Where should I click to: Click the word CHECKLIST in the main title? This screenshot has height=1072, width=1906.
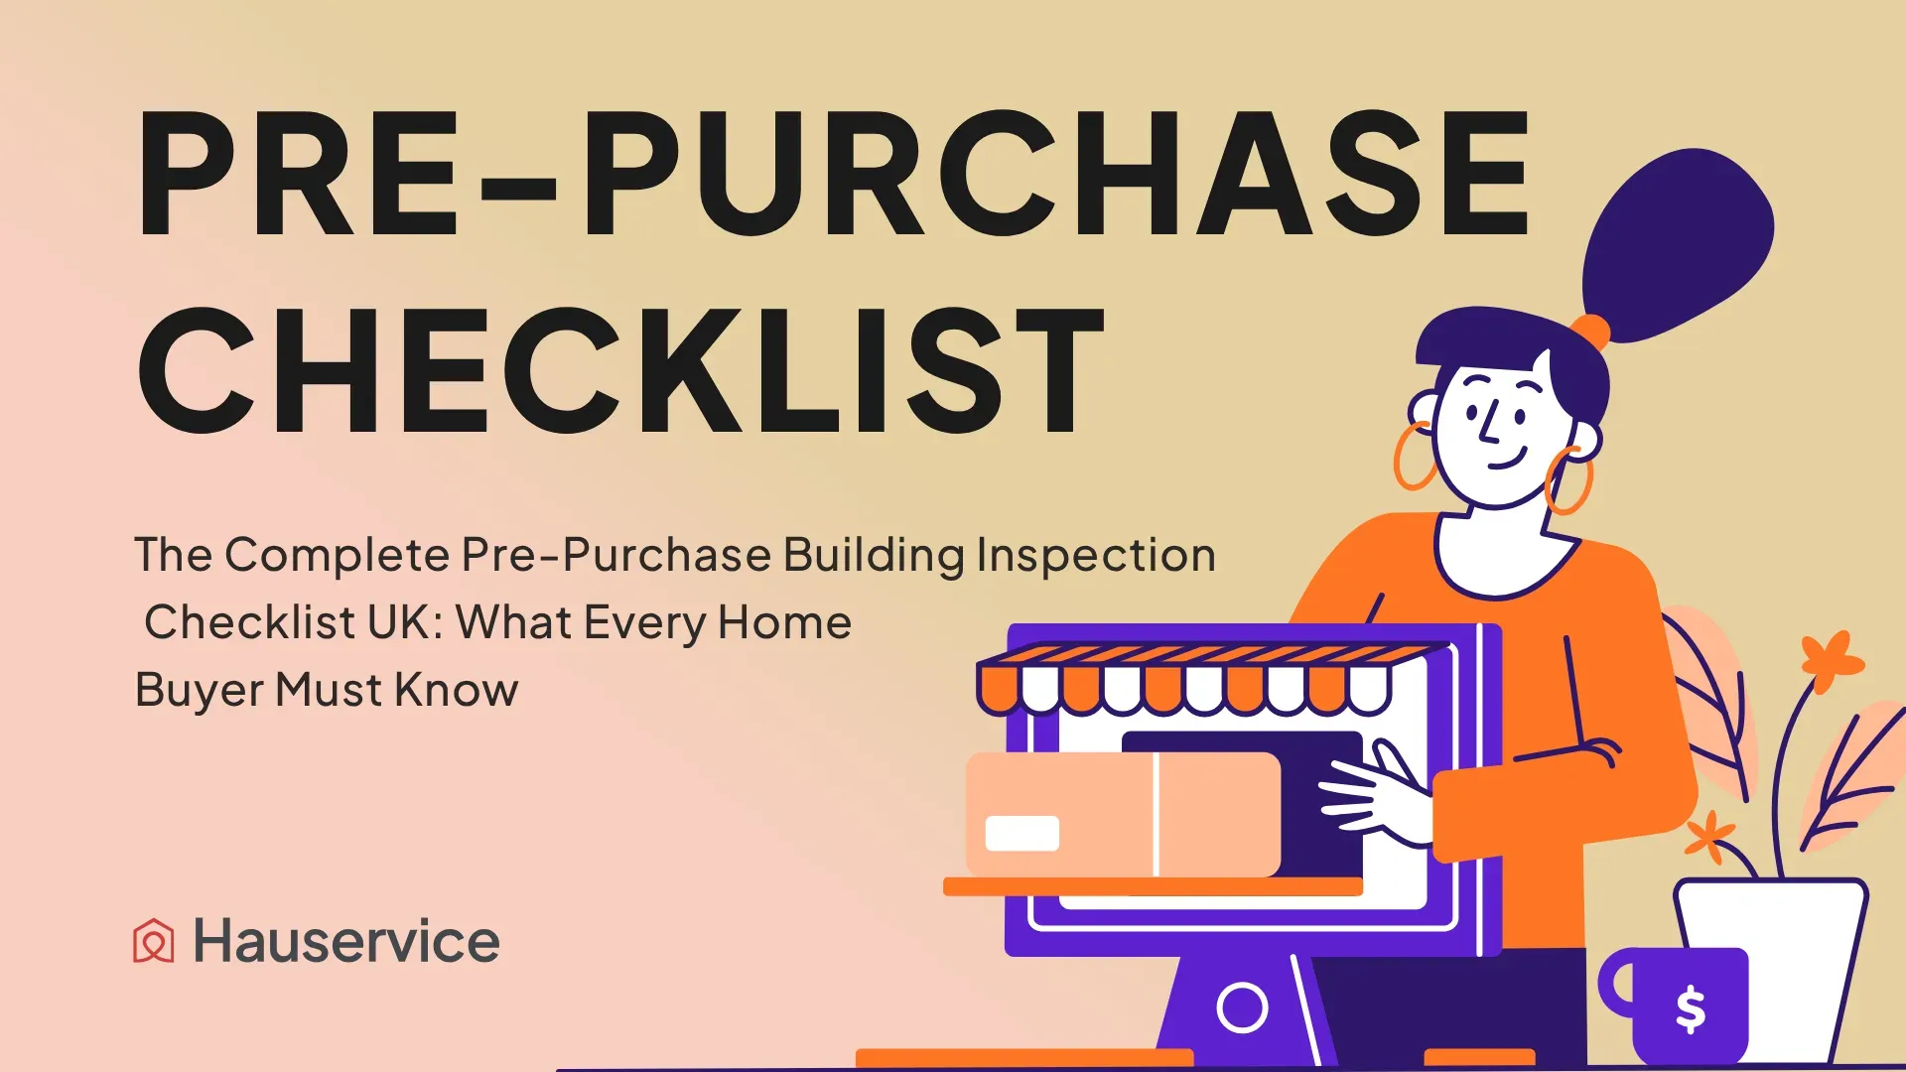click(621, 370)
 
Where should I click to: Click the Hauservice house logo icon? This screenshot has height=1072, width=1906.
click(154, 941)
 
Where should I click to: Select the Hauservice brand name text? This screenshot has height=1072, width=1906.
click(346, 941)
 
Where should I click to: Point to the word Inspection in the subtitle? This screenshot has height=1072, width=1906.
click(1096, 556)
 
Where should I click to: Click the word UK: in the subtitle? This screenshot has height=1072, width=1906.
click(405, 622)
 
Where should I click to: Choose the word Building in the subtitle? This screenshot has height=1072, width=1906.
click(874, 556)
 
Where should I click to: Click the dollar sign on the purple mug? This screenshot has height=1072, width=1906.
click(1691, 1009)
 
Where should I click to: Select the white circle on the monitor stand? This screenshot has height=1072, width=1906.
click(1242, 1008)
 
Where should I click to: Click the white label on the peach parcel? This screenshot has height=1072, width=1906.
click(1021, 833)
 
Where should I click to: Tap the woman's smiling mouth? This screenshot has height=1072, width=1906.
click(1507, 459)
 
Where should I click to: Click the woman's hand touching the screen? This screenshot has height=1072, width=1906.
click(1375, 793)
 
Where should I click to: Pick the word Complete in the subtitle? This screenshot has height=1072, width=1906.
click(338, 556)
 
